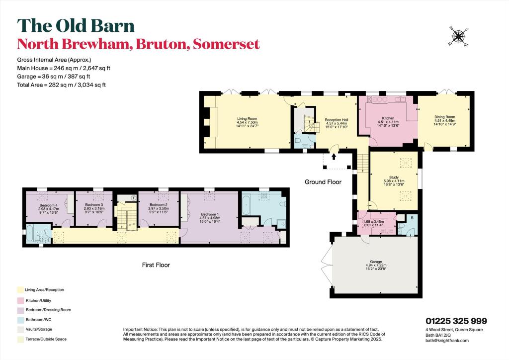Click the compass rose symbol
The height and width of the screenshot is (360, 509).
pos(459,36)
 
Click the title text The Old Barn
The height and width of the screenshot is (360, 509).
pos(76,26)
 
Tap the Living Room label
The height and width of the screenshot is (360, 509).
pos(248,119)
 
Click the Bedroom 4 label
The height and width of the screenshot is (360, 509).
pos(49,205)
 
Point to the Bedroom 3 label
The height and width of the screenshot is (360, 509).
pos(94,205)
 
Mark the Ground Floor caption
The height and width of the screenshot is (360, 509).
pos(323,182)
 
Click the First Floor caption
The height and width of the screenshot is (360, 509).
pos(156,265)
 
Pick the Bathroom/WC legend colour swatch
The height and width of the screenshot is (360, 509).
pos(20,319)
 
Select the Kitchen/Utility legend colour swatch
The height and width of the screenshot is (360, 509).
pos(20,300)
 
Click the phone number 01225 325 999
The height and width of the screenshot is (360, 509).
pos(456,321)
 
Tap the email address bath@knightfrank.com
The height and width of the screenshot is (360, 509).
pos(447,341)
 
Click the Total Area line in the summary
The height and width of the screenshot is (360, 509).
pos(62,85)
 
